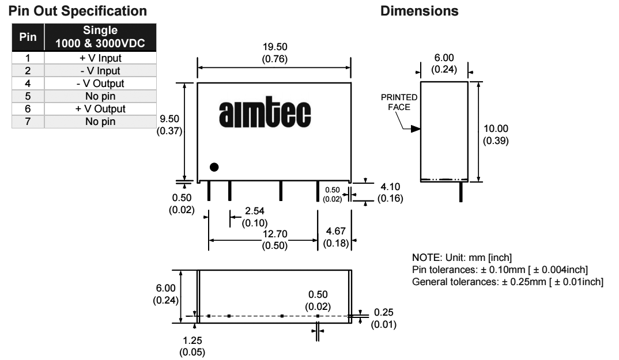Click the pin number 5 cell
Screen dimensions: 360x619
(27, 96)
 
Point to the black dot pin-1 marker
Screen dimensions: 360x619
(214, 167)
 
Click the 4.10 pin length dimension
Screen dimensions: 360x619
(389, 187)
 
